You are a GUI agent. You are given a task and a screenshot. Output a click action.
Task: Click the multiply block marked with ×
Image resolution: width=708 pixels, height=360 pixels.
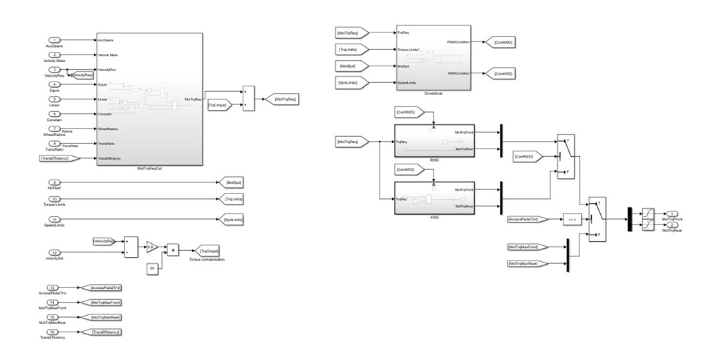(x=174, y=249)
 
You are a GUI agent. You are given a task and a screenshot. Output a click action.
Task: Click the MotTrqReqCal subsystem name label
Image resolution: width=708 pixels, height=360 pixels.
(x=149, y=169)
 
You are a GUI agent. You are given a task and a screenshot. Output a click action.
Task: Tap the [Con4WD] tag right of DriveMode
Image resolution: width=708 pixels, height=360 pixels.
(x=503, y=73)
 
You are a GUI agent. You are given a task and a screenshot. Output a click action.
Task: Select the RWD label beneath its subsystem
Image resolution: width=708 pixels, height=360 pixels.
(x=433, y=160)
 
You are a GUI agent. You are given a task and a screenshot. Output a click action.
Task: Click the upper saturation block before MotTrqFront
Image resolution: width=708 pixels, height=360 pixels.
(x=647, y=214)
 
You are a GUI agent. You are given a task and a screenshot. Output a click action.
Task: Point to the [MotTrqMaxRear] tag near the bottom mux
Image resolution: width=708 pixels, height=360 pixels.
(x=527, y=263)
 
